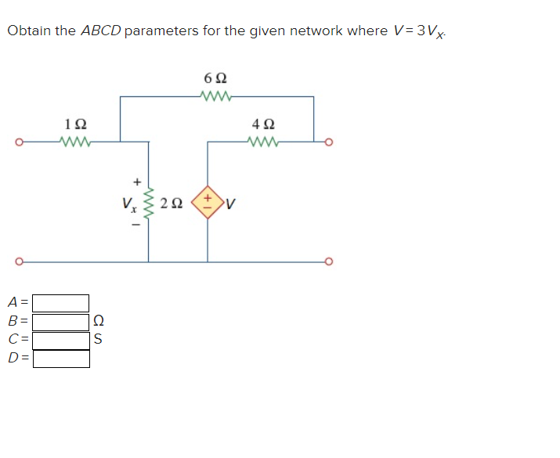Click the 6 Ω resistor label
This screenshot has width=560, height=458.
(216, 79)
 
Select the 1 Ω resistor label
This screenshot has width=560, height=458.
(75, 124)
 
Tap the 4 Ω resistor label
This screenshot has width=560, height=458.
(262, 124)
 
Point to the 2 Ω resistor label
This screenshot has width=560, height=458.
(172, 204)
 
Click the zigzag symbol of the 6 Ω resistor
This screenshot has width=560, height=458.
(216, 97)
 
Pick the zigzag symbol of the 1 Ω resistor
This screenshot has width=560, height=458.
(75, 142)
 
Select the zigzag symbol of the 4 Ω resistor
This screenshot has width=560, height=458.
(262, 142)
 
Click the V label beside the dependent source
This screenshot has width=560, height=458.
(232, 205)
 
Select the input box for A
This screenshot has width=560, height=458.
(61, 303)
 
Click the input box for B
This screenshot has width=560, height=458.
(61, 322)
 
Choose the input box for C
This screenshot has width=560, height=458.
(61, 341)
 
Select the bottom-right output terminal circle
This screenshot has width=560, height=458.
(329, 261)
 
